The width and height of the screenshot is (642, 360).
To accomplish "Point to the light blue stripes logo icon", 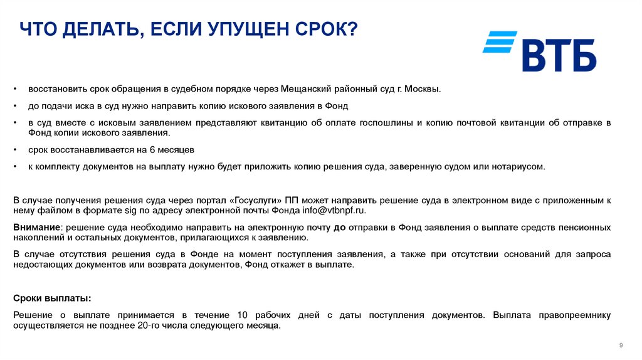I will pyautogui.click(x=499, y=42).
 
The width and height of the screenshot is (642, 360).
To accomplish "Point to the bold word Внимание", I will pyautogui.click(x=36, y=226).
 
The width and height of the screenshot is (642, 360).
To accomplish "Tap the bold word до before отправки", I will pyautogui.click(x=339, y=226).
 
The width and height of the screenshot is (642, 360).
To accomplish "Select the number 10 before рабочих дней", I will pyautogui.click(x=245, y=314).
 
